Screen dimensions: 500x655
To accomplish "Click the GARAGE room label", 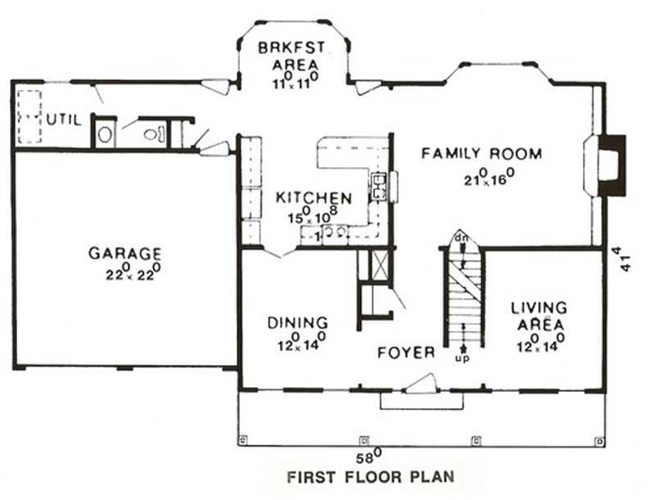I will point(124,254).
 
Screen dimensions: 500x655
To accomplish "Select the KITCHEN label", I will point(314,198).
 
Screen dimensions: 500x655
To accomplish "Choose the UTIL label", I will point(64,119).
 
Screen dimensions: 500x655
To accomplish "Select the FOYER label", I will point(406,353).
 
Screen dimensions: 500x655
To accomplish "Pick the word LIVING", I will point(539,309).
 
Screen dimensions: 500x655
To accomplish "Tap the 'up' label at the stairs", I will point(463,358).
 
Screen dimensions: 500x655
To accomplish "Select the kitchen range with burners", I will point(380,187).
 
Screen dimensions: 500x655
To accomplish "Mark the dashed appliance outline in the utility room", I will point(30,116).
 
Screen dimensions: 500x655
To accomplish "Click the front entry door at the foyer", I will point(424,383).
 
